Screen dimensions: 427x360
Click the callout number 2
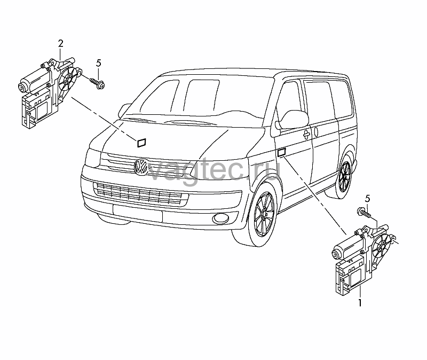click(60, 43)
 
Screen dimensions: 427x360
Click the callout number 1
click(360, 302)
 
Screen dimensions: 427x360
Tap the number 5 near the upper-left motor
click(98, 63)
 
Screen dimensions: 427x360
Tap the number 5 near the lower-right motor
click(368, 199)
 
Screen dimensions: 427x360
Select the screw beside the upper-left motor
click(97, 83)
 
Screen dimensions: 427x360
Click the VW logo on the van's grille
click(140, 166)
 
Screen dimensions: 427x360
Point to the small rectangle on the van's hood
click(141, 143)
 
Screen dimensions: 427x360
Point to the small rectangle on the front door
click(281, 152)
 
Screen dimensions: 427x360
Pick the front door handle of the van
click(307, 134)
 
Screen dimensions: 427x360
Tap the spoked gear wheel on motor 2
click(68, 79)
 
